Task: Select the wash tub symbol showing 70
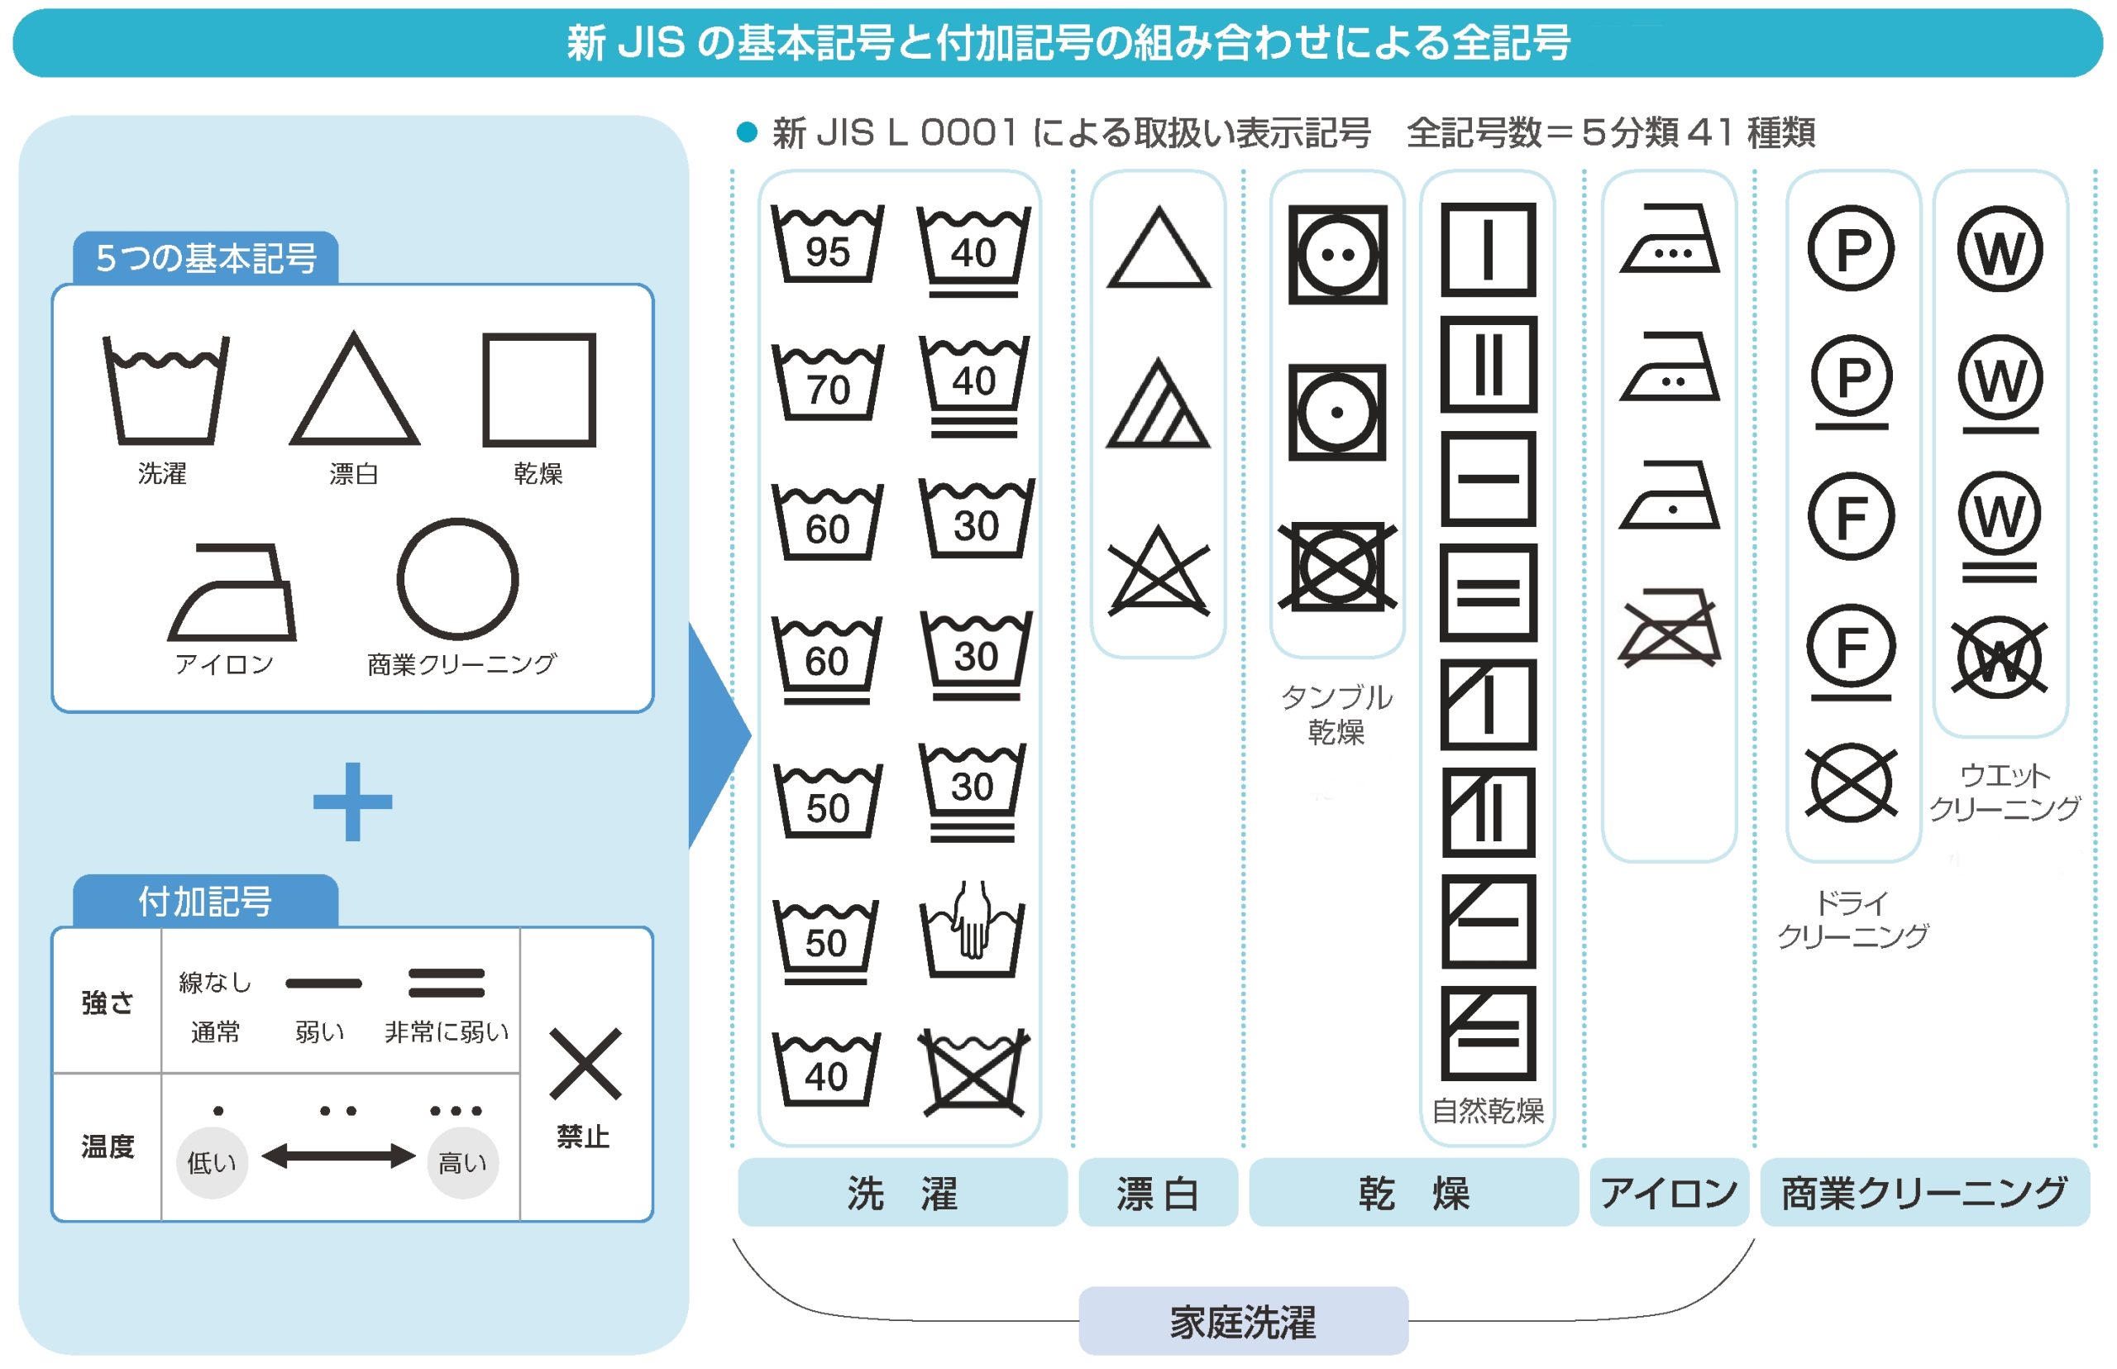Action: [x=828, y=382]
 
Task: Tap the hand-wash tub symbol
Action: [x=972, y=931]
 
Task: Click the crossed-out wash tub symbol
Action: [x=974, y=1071]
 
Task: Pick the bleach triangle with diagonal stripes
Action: [x=1157, y=404]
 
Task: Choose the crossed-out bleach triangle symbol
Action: [x=1158, y=571]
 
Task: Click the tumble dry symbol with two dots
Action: [x=1336, y=254]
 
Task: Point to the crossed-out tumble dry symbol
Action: [x=1336, y=567]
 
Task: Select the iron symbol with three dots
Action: [x=1669, y=238]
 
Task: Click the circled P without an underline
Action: [x=1852, y=248]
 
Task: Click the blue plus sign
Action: [x=352, y=801]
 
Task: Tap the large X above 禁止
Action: [x=585, y=1063]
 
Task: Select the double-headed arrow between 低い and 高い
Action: [x=337, y=1156]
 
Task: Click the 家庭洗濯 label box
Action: [x=1242, y=1322]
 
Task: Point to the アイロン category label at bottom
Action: [x=1669, y=1193]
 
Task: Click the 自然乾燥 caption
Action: [x=1488, y=1110]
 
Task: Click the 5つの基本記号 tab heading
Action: [x=206, y=259]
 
